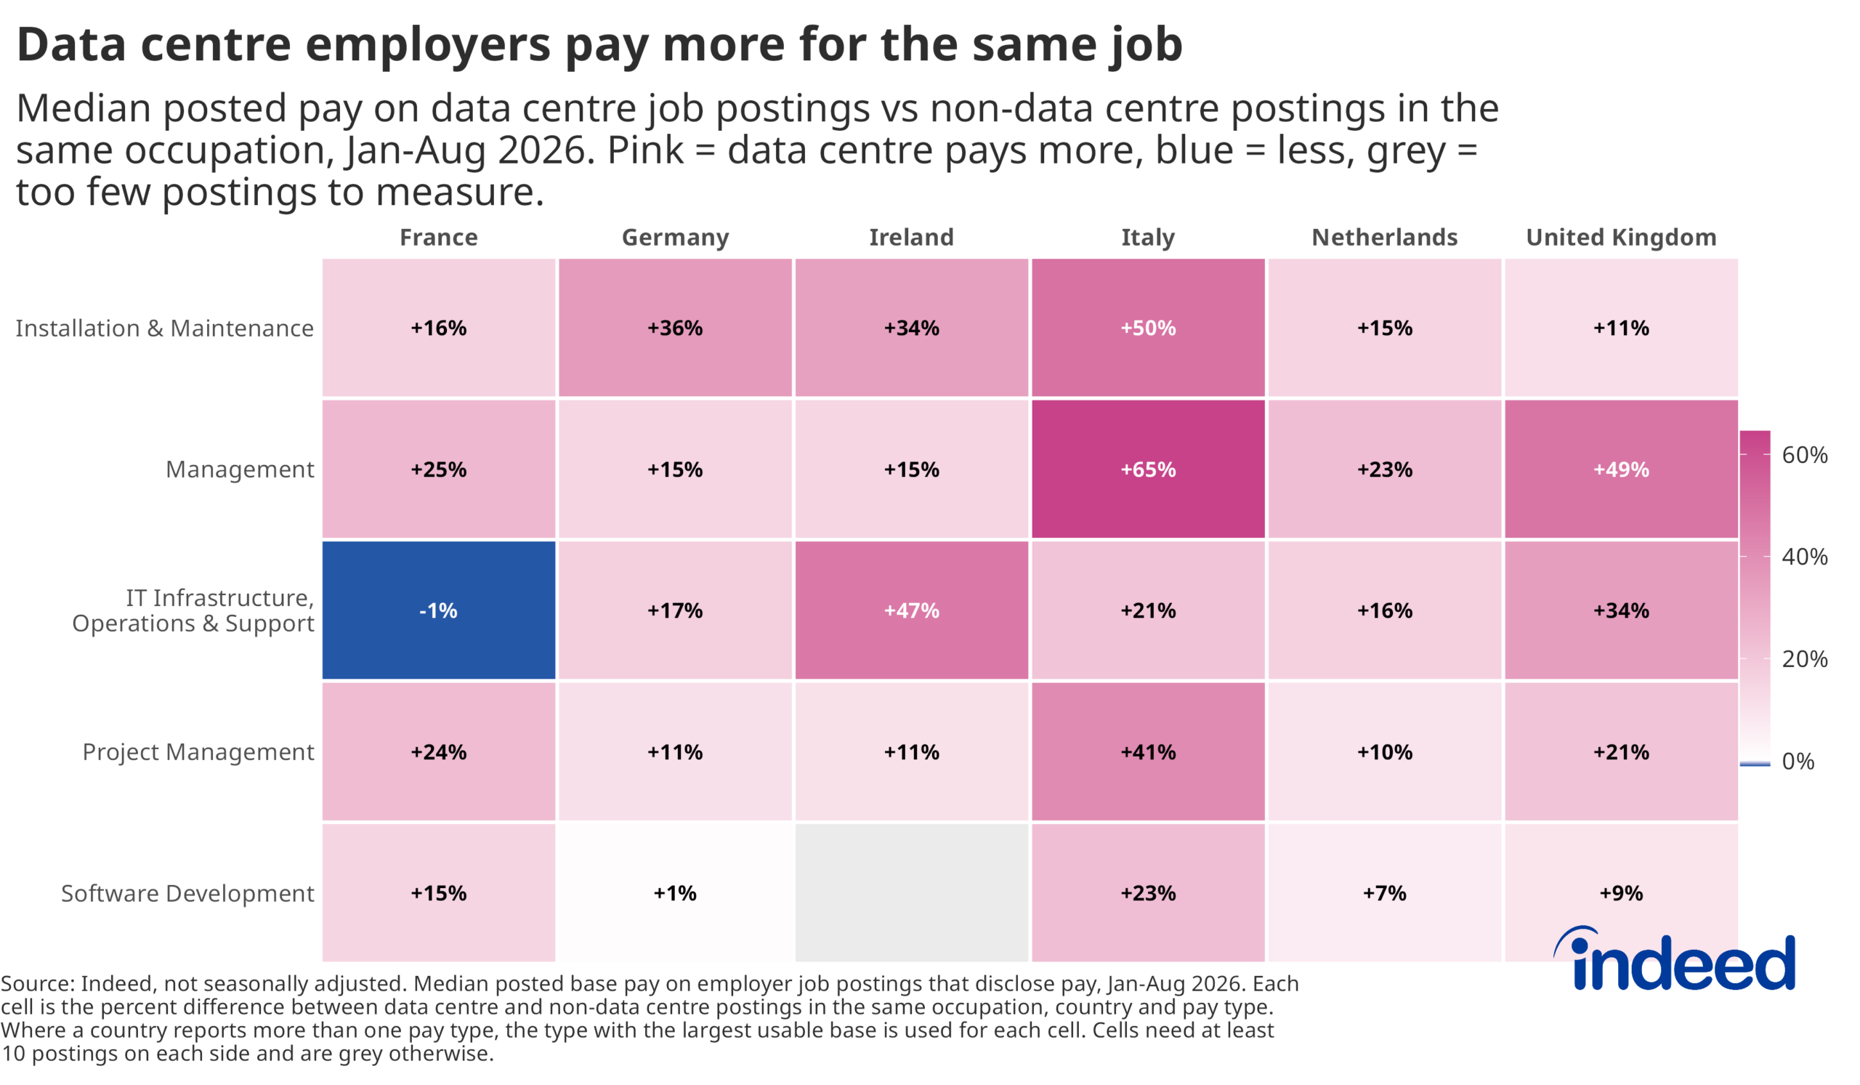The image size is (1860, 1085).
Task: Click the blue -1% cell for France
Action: pos(438,610)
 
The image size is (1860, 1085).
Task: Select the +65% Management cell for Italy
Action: pos(1148,469)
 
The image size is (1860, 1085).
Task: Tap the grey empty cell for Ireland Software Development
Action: pos(912,892)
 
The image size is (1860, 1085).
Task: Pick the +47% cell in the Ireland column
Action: pos(912,610)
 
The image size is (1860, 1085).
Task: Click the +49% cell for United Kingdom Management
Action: pos(1621,469)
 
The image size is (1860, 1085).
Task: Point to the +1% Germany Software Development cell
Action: pos(675,892)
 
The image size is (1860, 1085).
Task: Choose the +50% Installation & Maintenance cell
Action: pos(1148,327)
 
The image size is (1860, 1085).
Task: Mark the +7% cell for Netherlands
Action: pos(1385,892)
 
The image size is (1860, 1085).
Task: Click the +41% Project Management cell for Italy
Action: pos(1148,751)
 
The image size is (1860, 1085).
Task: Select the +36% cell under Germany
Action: pos(675,327)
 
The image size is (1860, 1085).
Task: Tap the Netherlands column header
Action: pos(1385,237)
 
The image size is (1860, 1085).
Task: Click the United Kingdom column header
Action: pos(1621,238)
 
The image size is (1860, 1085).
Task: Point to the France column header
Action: pos(438,237)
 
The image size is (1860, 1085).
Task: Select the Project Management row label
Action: pos(198,752)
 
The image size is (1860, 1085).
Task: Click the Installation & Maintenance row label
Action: pos(165,328)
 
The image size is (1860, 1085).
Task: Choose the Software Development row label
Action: pos(187,893)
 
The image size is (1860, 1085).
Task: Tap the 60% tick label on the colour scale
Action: pos(1804,455)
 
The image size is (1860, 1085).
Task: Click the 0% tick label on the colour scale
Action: pos(1798,761)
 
